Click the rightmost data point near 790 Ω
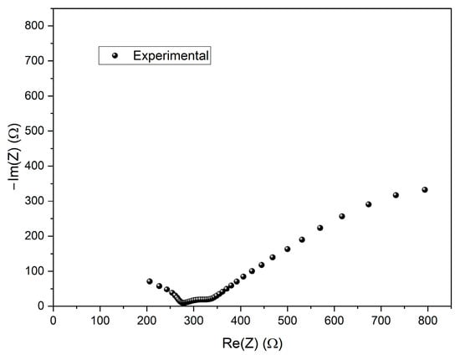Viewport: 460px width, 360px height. (x=425, y=190)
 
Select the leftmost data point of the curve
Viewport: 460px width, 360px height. (x=150, y=281)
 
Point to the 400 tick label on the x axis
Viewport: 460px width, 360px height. (x=241, y=319)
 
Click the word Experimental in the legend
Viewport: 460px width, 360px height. (x=171, y=55)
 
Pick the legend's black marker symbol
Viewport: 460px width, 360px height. (x=115, y=55)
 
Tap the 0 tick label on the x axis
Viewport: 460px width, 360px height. (x=54, y=319)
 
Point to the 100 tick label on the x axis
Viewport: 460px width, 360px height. (x=100, y=319)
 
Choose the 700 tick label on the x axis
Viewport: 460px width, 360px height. (x=381, y=319)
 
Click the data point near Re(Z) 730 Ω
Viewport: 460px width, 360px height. (x=396, y=195)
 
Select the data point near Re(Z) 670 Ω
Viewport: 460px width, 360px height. (x=368, y=204)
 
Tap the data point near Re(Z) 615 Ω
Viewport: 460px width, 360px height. (x=342, y=216)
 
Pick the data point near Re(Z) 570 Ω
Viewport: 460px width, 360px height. (x=319, y=228)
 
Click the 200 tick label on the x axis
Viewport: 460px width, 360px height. (x=147, y=319)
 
